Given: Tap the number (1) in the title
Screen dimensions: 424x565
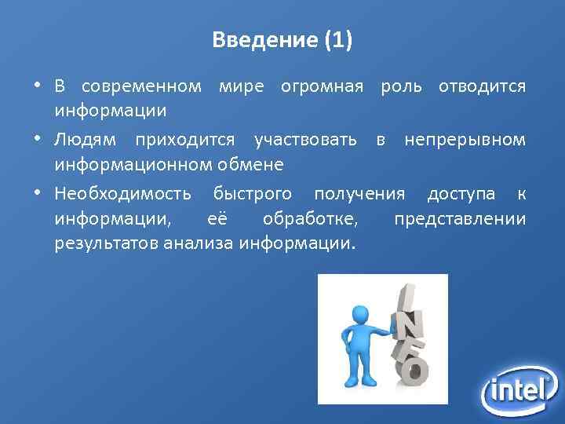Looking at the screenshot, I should point(337,40).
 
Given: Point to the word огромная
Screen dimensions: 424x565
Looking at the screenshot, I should point(322,85).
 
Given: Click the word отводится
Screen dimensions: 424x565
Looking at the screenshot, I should point(482,85).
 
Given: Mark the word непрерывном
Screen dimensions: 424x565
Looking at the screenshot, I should point(465,141).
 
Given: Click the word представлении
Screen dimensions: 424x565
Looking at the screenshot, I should point(460,218).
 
